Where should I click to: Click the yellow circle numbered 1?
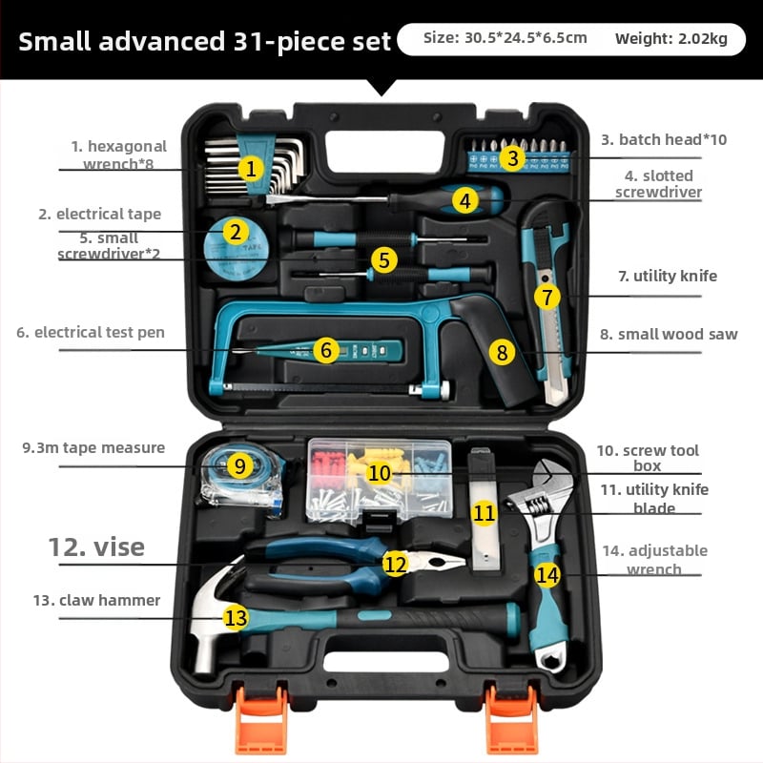[251, 169]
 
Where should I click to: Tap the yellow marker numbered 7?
[546, 297]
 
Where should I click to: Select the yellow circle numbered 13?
[236, 618]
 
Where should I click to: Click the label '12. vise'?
[96, 546]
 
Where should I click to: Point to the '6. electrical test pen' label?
[91, 332]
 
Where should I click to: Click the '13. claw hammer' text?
[96, 600]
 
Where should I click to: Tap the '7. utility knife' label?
[668, 276]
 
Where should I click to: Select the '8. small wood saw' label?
[669, 334]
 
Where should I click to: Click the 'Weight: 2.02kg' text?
[671, 38]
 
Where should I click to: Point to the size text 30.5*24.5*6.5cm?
[526, 38]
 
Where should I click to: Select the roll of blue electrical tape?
[236, 248]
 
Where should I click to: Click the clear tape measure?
[243, 480]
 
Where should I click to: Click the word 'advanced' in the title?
[162, 41]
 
